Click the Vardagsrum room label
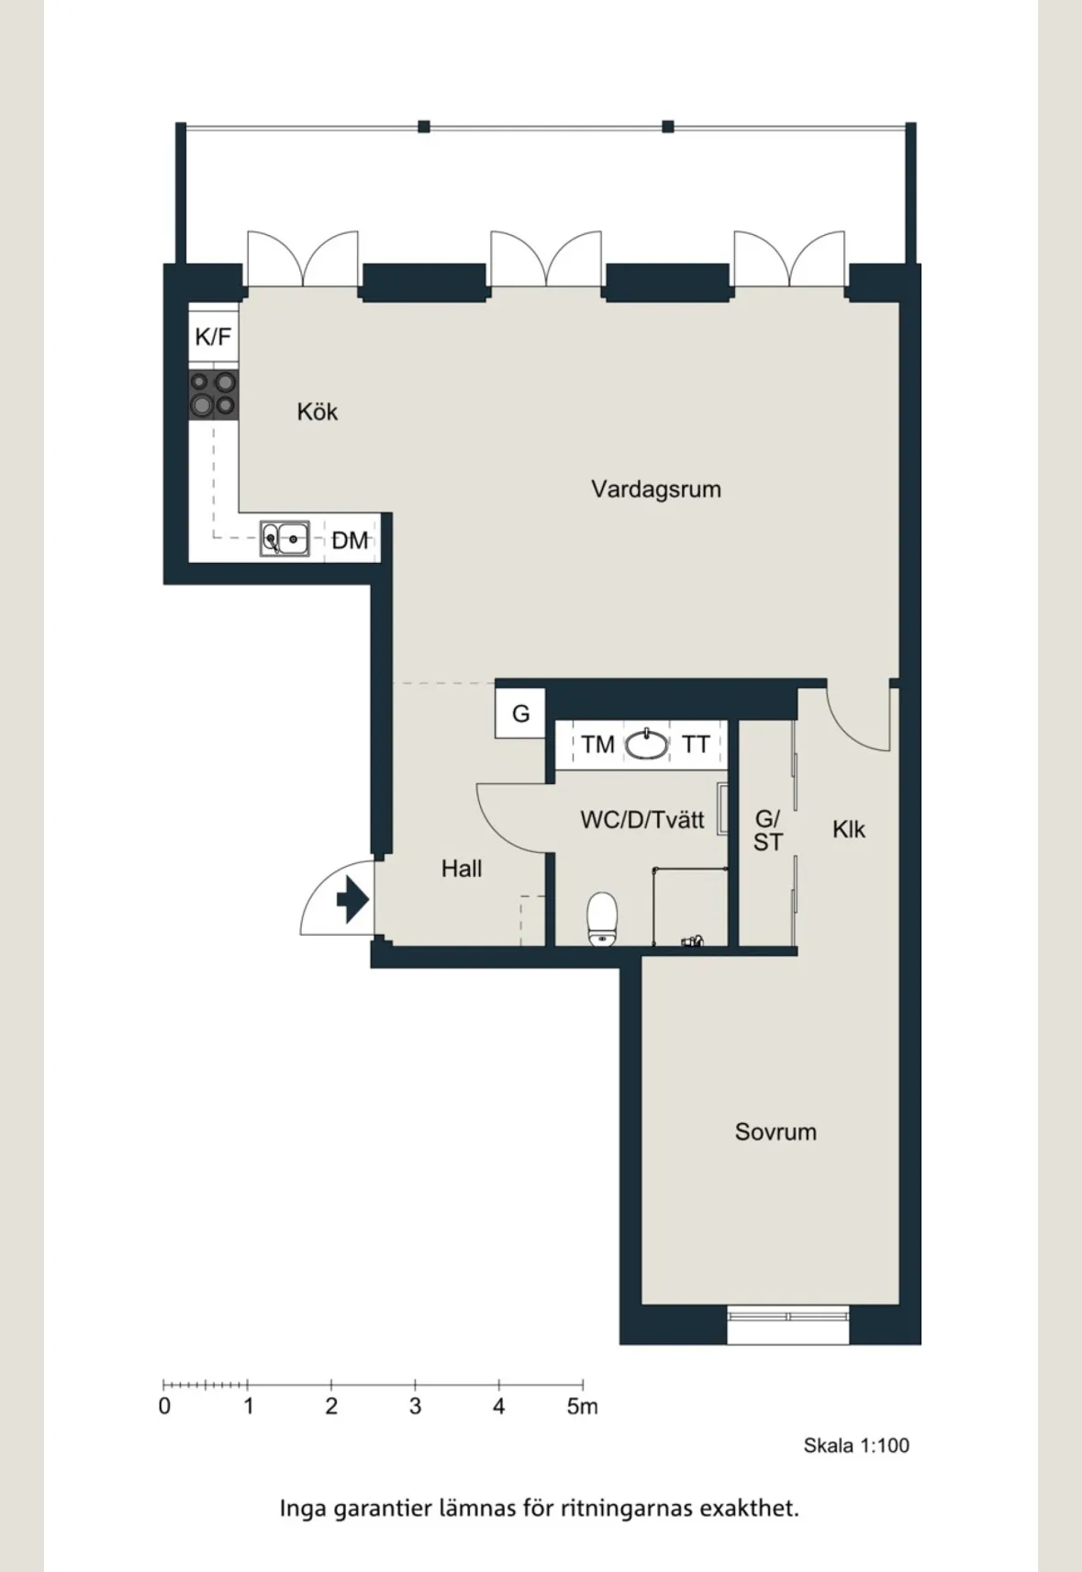click(x=655, y=489)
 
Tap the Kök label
click(x=317, y=411)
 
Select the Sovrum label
click(x=775, y=1131)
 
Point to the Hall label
click(x=462, y=869)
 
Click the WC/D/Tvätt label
click(x=642, y=819)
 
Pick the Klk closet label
click(x=849, y=829)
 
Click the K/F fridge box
click(x=213, y=337)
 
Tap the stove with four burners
click(x=214, y=395)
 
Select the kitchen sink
click(x=285, y=538)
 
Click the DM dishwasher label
click(x=350, y=540)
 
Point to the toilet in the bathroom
click(x=602, y=918)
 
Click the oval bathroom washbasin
click(x=646, y=744)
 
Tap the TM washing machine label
click(x=597, y=744)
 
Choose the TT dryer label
click(x=696, y=744)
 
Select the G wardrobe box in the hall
click(x=520, y=713)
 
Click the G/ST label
click(x=767, y=830)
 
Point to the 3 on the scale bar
click(x=415, y=1406)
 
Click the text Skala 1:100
click(x=856, y=1445)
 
